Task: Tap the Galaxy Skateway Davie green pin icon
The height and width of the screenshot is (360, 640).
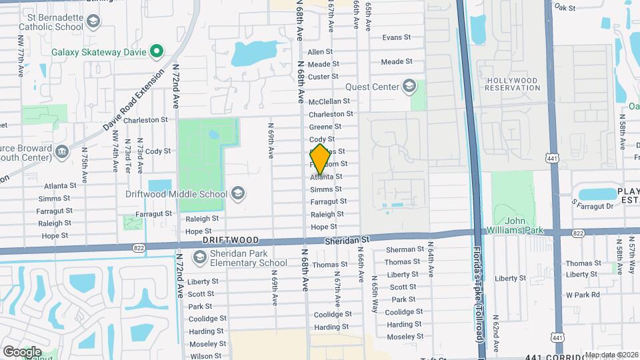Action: coord(157,51)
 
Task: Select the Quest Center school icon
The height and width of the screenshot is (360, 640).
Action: coord(409,86)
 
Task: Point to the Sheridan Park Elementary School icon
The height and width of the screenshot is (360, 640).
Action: coord(199,257)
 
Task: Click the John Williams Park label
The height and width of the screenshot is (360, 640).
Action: coord(525,226)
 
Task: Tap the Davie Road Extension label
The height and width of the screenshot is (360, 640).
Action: coord(133,100)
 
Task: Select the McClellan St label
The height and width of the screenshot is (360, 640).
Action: coord(329,101)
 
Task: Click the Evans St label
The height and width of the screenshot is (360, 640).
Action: coord(397,38)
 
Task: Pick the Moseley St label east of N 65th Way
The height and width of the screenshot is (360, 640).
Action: coord(401,337)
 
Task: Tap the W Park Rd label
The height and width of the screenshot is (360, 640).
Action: coord(583,295)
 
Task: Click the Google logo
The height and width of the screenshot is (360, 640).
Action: coord(22,351)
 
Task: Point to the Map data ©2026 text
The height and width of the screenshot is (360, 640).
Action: coord(611,355)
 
